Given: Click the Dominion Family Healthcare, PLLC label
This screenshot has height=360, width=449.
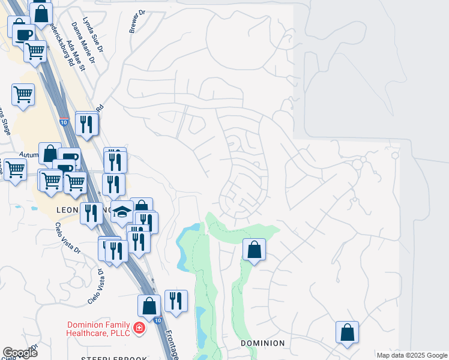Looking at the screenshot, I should pyautogui.click(x=98, y=329).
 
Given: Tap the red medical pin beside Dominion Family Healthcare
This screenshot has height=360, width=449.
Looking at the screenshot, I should pyautogui.click(x=139, y=328).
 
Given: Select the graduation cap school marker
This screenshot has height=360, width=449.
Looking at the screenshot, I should pyautogui.click(x=122, y=212).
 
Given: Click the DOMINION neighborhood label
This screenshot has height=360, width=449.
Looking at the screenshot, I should pyautogui.click(x=262, y=343).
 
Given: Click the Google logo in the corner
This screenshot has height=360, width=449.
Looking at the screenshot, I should pyautogui.click(x=20, y=353).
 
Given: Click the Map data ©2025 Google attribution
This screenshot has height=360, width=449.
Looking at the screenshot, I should pyautogui.click(x=412, y=356).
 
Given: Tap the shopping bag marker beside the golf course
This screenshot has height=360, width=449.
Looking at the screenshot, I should pyautogui.click(x=255, y=248).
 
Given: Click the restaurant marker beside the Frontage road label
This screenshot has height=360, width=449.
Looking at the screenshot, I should pyautogui.click(x=175, y=301).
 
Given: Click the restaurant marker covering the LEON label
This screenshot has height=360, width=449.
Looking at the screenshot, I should pyautogui.click(x=92, y=214).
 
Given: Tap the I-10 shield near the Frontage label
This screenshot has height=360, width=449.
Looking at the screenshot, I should pyautogui.click(x=156, y=321).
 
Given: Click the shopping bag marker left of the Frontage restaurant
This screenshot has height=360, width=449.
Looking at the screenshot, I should pyautogui.click(x=149, y=305).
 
